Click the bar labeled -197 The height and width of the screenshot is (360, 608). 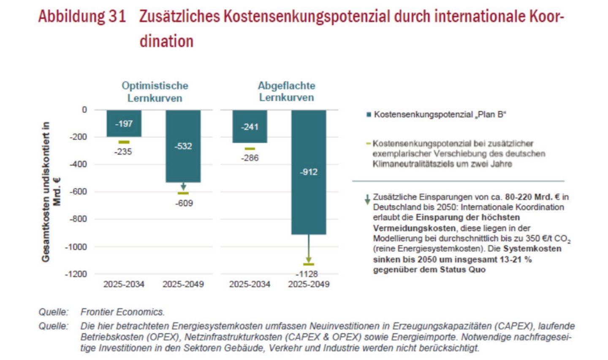[124, 123]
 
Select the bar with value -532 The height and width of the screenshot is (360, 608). [183, 146]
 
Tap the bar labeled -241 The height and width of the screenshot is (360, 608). [250, 126]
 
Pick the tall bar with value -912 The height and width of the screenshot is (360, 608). [309, 172]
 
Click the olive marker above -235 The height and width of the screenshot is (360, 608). [124, 142]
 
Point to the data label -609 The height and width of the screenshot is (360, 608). [184, 203]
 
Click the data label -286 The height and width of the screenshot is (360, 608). [250, 158]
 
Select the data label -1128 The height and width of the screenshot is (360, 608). [307, 274]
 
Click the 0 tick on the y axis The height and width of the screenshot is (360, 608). [84, 110]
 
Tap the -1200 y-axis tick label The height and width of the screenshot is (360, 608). [76, 274]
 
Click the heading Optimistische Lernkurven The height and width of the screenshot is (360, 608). [155, 92]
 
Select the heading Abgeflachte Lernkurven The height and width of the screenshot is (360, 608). [287, 91]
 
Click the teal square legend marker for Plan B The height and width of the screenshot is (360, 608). [369, 115]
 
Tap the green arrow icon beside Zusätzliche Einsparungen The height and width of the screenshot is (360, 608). [367, 199]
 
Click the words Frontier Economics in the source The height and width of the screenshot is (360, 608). [122, 312]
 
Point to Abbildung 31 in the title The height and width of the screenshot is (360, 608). [82, 17]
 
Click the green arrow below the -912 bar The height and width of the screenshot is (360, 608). [309, 249]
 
